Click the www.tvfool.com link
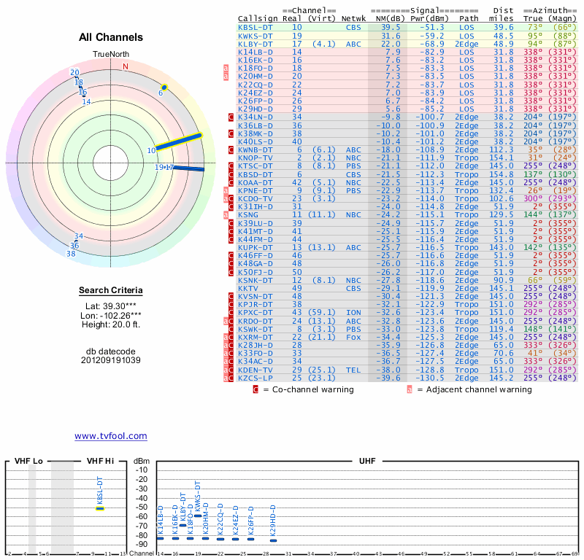pyautogui.click(x=110, y=436)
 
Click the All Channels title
pyautogui.click(x=110, y=37)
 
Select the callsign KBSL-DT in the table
pyautogui.click(x=255, y=27)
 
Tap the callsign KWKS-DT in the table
pyautogui.click(x=255, y=36)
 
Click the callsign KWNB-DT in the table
pyautogui.click(x=255, y=149)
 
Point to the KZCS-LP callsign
pyautogui.click(x=255, y=378)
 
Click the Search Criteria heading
pyautogui.click(x=110, y=291)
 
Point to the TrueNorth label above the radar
pyautogui.click(x=110, y=55)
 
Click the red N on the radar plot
pyautogui.click(x=126, y=66)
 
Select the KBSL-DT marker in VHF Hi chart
pyautogui.click(x=100, y=508)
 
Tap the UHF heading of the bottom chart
pyautogui.click(x=367, y=462)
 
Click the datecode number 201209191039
pyautogui.click(x=110, y=360)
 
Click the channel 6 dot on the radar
pyautogui.click(x=164, y=87)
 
